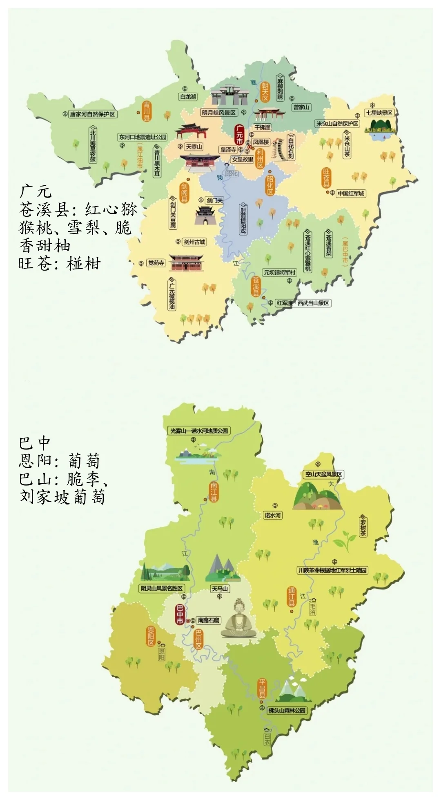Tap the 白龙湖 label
click(x=188, y=97)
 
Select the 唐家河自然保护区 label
click(x=93, y=114)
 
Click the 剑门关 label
click(x=215, y=200)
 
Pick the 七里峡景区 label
click(x=379, y=113)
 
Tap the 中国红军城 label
click(x=350, y=193)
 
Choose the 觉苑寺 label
click(x=156, y=263)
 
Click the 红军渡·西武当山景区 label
click(x=303, y=303)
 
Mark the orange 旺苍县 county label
click(x=326, y=178)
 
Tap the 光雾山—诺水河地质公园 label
click(x=199, y=431)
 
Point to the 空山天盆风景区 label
click(x=323, y=474)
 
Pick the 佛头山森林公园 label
click(x=287, y=710)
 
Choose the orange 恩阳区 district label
click(x=151, y=637)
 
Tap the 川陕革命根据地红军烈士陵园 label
click(x=332, y=570)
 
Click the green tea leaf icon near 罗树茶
click(x=342, y=541)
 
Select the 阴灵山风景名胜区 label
click(x=162, y=588)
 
